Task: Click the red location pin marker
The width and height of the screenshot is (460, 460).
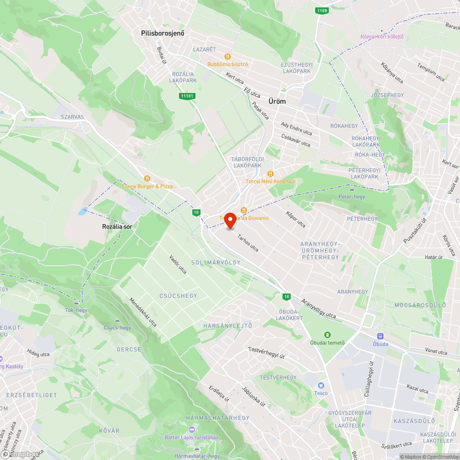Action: click(x=230, y=220)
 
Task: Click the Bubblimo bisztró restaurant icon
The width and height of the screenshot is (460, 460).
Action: click(x=227, y=57)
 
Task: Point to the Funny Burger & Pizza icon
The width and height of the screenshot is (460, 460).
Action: click(x=147, y=178)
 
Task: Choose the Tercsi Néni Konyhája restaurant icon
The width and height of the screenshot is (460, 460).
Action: click(x=270, y=173)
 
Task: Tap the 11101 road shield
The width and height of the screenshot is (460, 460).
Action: click(x=187, y=96)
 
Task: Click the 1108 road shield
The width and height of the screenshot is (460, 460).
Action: click(x=322, y=10)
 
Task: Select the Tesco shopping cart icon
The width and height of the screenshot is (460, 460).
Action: click(x=321, y=385)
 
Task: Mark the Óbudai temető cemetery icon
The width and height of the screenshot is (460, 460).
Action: click(x=328, y=335)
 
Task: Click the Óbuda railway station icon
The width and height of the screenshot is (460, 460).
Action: click(x=380, y=336)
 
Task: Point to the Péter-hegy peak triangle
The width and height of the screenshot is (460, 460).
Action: click(x=352, y=189)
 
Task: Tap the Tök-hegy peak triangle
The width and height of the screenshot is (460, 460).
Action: click(x=76, y=303)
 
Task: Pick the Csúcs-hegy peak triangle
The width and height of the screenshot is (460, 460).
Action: click(x=117, y=320)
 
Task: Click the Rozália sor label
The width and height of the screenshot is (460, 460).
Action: click(x=118, y=227)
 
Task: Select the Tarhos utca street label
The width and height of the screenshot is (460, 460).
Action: click(x=248, y=243)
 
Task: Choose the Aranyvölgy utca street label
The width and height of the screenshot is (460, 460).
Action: click(x=318, y=309)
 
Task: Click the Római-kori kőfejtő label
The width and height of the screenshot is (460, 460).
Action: click(x=382, y=36)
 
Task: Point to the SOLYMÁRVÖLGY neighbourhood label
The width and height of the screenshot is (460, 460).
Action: click(x=216, y=262)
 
